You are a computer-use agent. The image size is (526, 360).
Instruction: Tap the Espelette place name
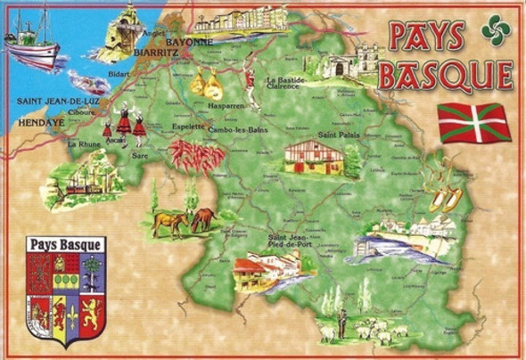tap(187, 127)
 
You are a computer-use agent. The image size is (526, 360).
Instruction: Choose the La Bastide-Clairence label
tap(286, 83)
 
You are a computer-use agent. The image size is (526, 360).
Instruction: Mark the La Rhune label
tap(81, 143)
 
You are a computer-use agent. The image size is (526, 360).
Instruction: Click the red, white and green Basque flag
tap(474, 122)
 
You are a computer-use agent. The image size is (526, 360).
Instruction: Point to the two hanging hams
tap(207, 84)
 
